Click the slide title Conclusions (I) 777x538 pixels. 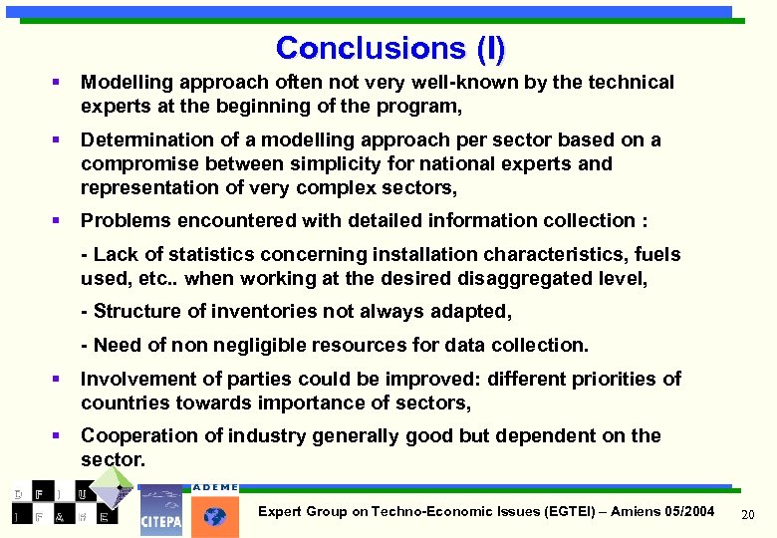coord(390,48)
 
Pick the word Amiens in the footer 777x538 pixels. coord(632,511)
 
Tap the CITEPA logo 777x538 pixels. coord(160,510)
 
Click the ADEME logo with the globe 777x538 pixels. coord(215,511)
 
